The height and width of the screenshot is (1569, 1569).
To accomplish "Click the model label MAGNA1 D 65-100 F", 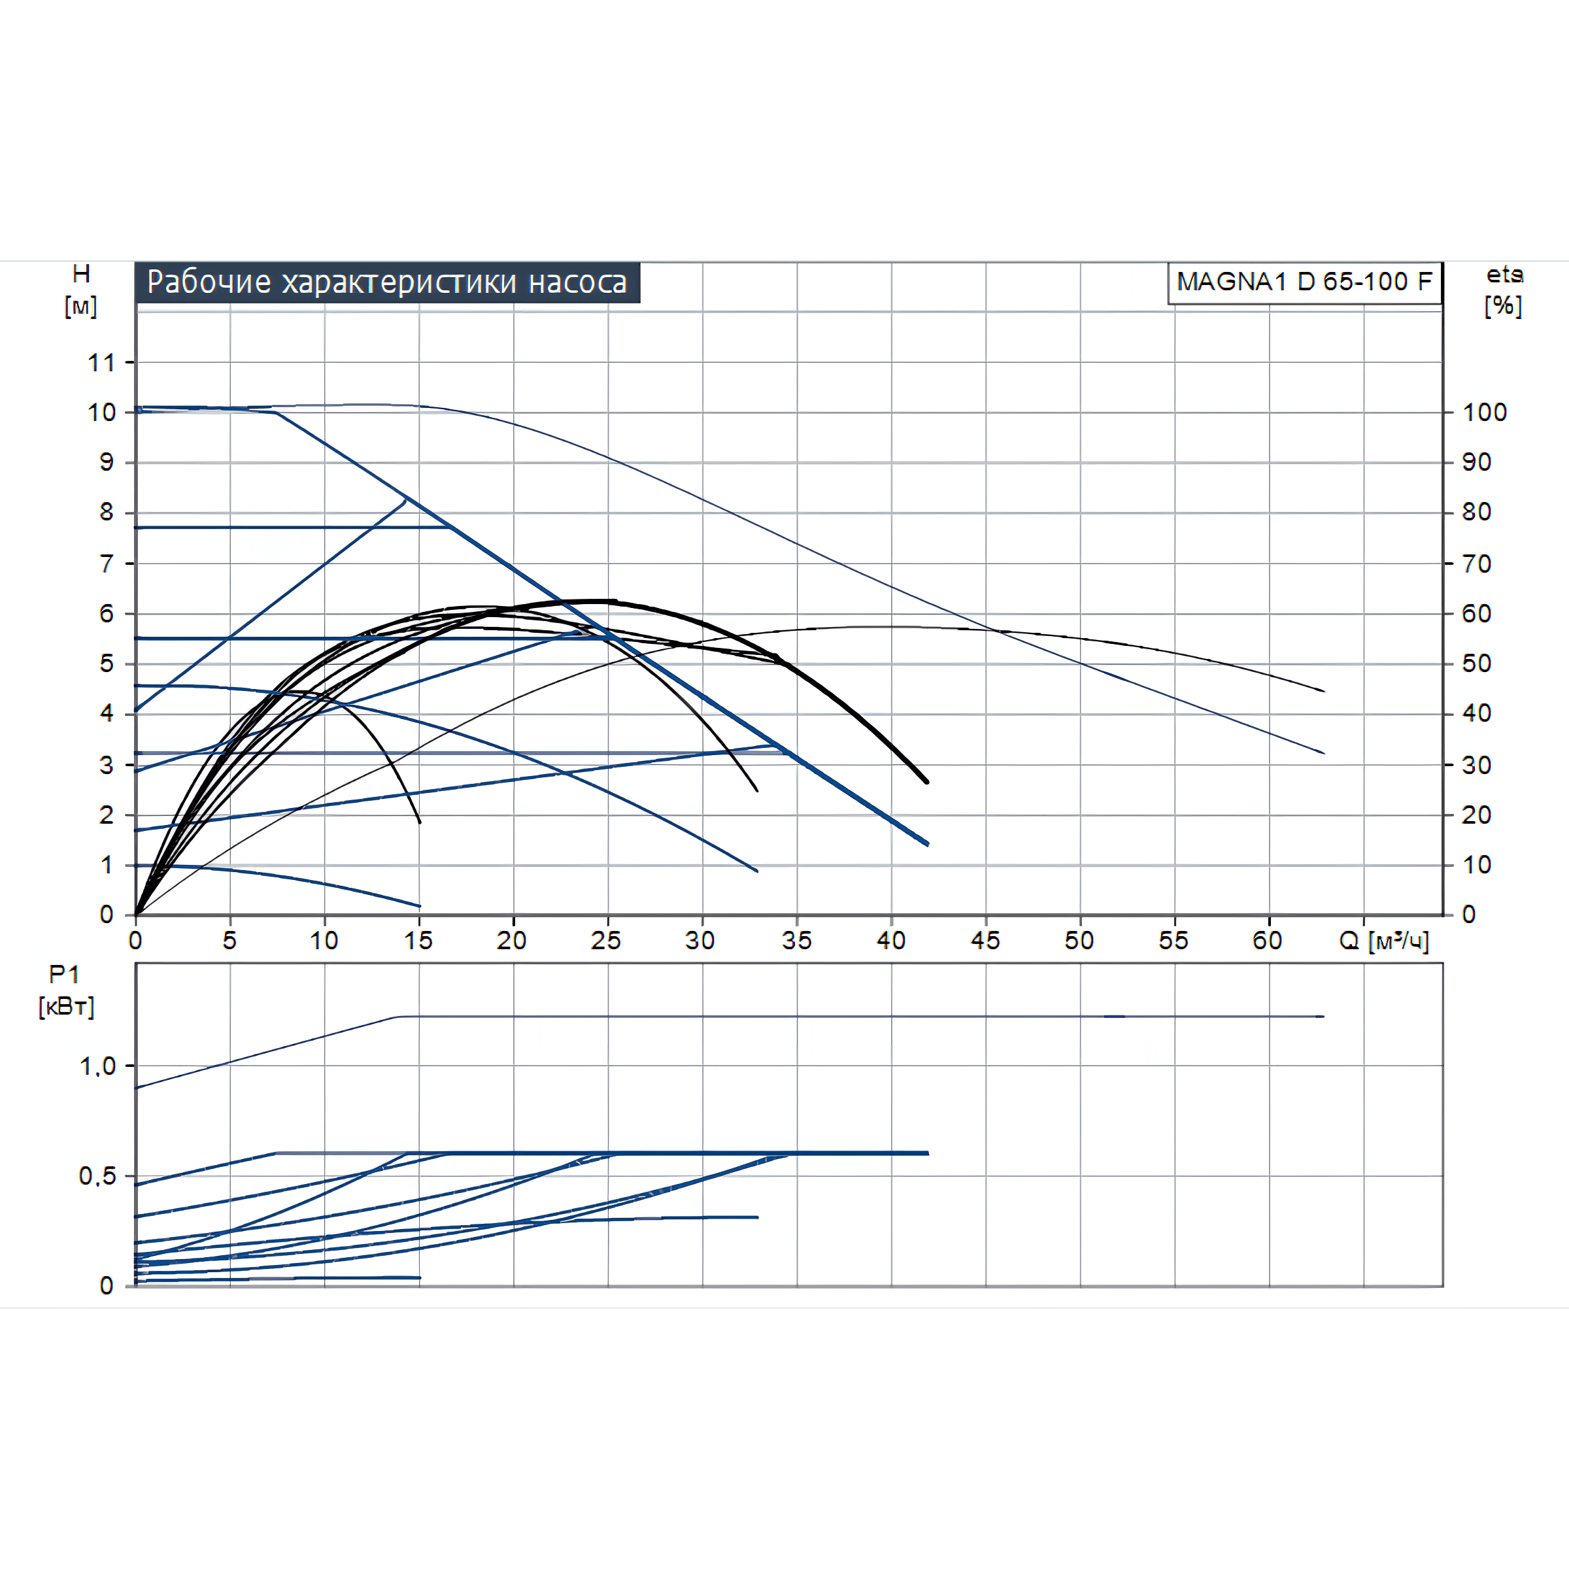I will (x=1304, y=282).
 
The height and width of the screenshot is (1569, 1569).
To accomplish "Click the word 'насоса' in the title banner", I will (x=577, y=282).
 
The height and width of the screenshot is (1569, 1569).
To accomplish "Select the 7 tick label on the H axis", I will (x=107, y=564).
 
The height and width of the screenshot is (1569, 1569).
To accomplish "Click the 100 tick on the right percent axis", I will (x=1485, y=413).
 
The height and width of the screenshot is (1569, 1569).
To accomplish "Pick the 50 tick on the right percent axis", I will (x=1476, y=664).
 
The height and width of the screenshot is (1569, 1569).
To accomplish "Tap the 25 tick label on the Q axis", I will (x=606, y=941).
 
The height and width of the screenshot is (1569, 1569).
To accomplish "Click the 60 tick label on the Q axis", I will (x=1267, y=941).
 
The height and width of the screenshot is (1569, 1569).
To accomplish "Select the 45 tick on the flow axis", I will (x=985, y=941).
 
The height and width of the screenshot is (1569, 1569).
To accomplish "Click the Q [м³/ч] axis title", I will (x=1383, y=941).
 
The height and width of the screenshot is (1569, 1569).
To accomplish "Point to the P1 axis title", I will (x=64, y=975).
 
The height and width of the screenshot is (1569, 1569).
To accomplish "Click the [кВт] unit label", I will (x=67, y=1007).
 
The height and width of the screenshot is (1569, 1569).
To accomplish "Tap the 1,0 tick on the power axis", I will (x=97, y=1066).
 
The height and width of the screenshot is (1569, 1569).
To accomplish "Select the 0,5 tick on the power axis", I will (x=97, y=1176).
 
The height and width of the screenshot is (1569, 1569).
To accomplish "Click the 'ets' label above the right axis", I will (x=1504, y=275).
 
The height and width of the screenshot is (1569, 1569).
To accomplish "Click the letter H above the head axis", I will (x=81, y=275).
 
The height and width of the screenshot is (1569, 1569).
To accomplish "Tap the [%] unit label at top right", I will (x=1503, y=306).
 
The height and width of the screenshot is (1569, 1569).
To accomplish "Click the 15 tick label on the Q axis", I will (x=418, y=941).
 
